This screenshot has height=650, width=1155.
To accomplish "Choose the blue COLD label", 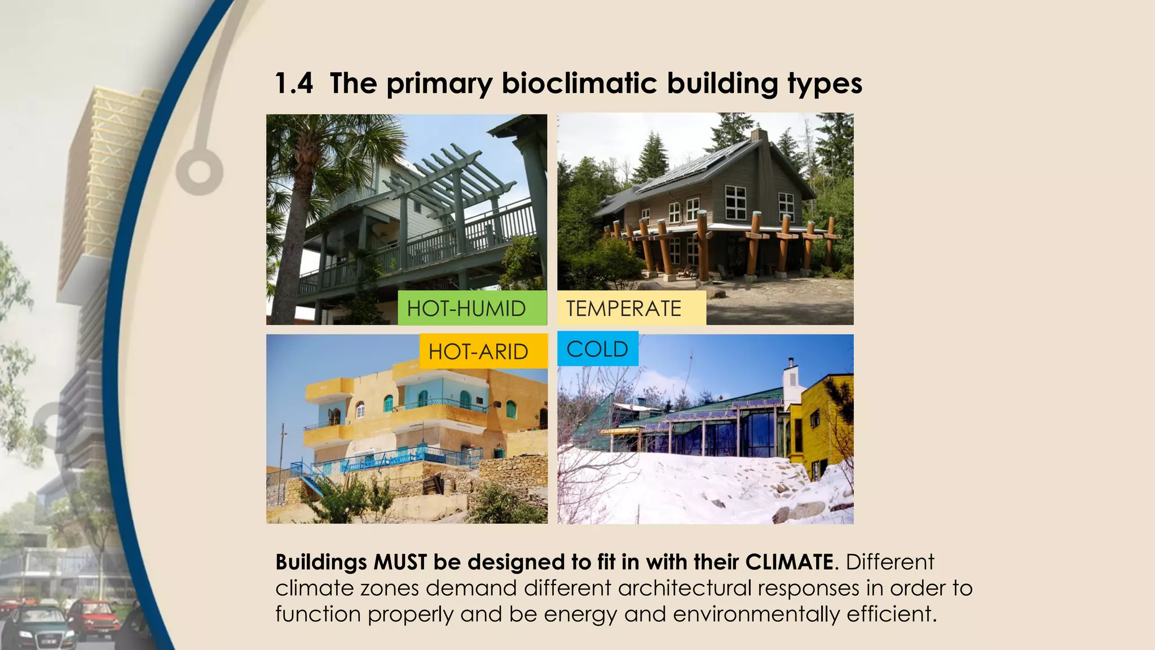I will [597, 349].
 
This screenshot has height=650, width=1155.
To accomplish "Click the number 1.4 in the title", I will [294, 83].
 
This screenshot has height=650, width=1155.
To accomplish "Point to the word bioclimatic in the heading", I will [580, 83].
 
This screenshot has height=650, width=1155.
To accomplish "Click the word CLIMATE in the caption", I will [789, 562].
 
